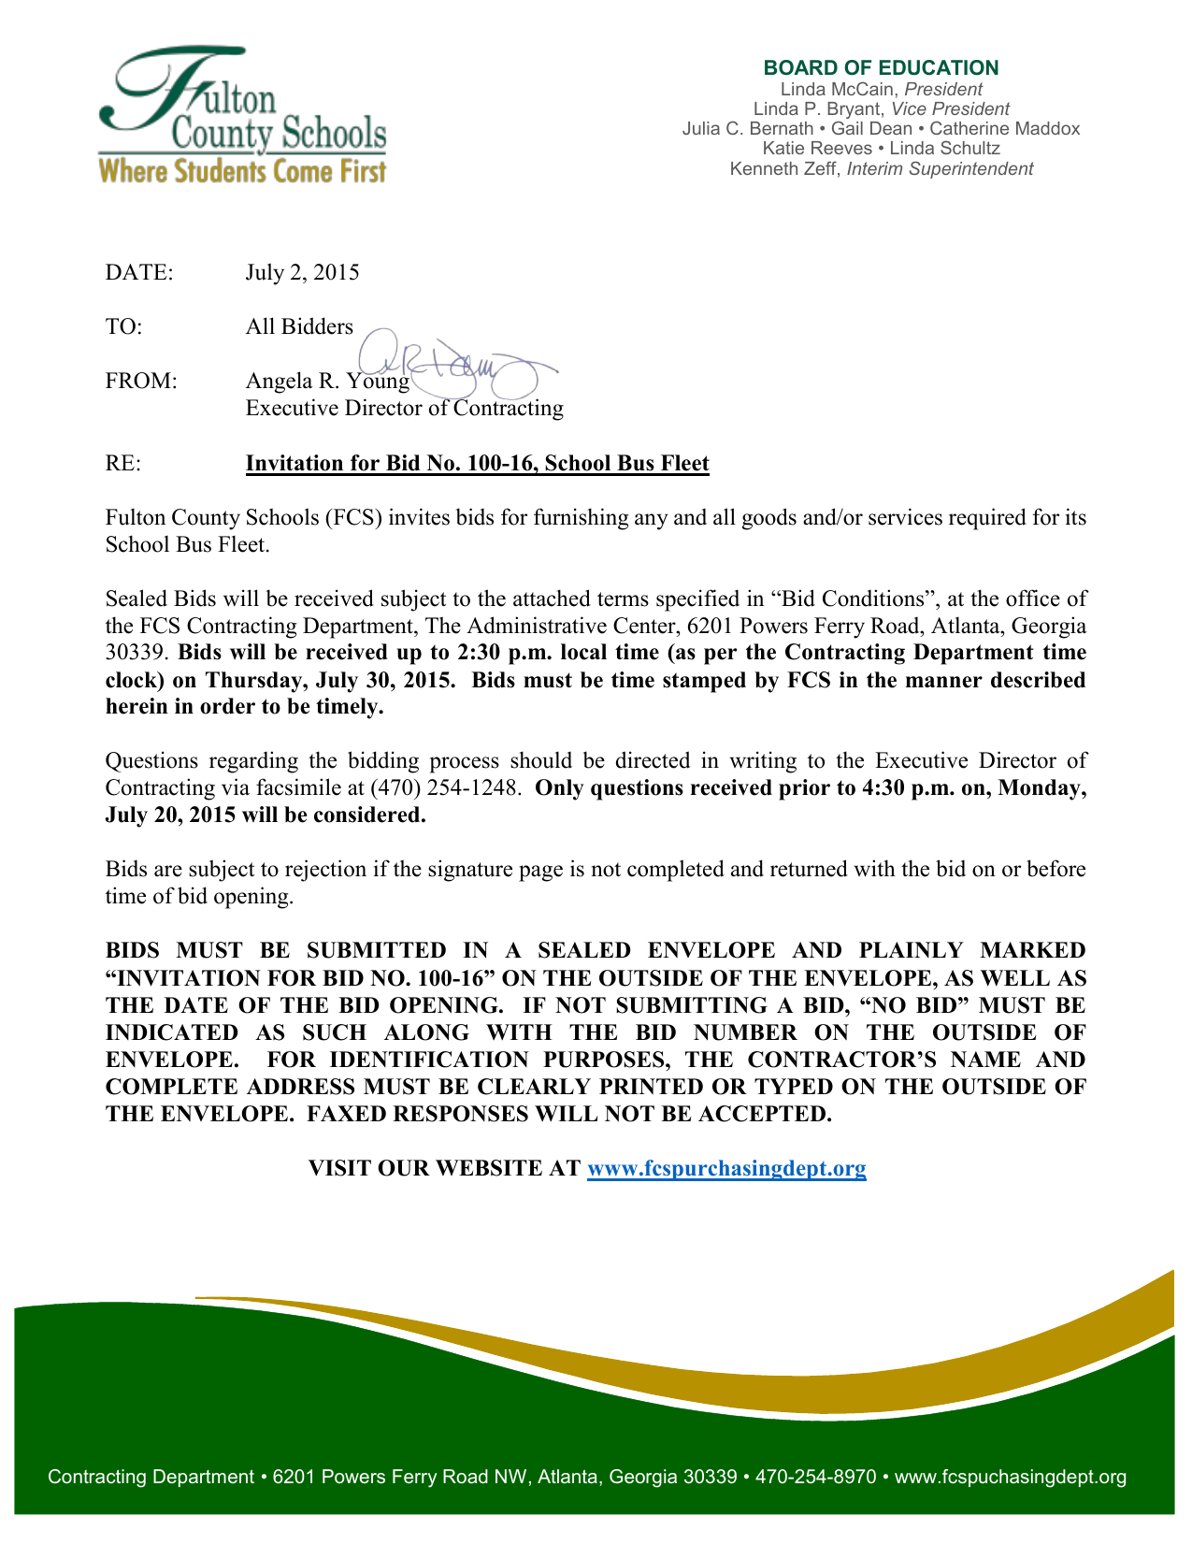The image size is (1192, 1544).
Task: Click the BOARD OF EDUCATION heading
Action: pyautogui.click(x=881, y=68)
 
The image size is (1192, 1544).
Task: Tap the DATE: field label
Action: pyautogui.click(x=139, y=272)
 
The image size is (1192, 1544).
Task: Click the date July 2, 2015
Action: pyautogui.click(x=302, y=272)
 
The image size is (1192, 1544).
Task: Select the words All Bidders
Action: pyautogui.click(x=299, y=326)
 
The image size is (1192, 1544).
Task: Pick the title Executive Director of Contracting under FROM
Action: pyautogui.click(x=404, y=409)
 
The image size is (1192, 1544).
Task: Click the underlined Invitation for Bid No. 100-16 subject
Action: pyautogui.click(x=477, y=464)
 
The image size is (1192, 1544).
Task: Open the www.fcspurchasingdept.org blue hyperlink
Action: pyautogui.click(x=726, y=1169)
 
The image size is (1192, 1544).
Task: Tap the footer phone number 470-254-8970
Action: pyautogui.click(x=815, y=1478)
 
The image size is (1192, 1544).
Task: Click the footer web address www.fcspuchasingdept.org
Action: pyautogui.click(x=1011, y=1478)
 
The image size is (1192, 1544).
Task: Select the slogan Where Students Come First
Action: pyautogui.click(x=242, y=172)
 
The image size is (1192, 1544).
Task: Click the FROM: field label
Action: pyautogui.click(x=141, y=382)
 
